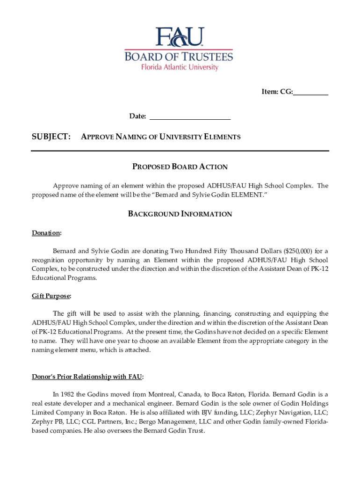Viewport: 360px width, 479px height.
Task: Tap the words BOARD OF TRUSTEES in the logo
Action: (x=179, y=57)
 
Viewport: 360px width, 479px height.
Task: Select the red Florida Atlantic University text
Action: (x=180, y=67)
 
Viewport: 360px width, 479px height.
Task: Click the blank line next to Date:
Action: (x=189, y=116)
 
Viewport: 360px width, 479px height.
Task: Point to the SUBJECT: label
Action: (x=51, y=137)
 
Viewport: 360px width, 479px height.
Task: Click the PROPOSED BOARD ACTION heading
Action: (x=180, y=167)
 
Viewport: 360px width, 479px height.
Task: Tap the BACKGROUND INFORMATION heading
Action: (x=180, y=214)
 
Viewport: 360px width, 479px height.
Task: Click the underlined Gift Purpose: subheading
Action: (x=51, y=296)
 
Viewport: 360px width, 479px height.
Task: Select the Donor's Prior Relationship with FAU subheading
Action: (x=87, y=377)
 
